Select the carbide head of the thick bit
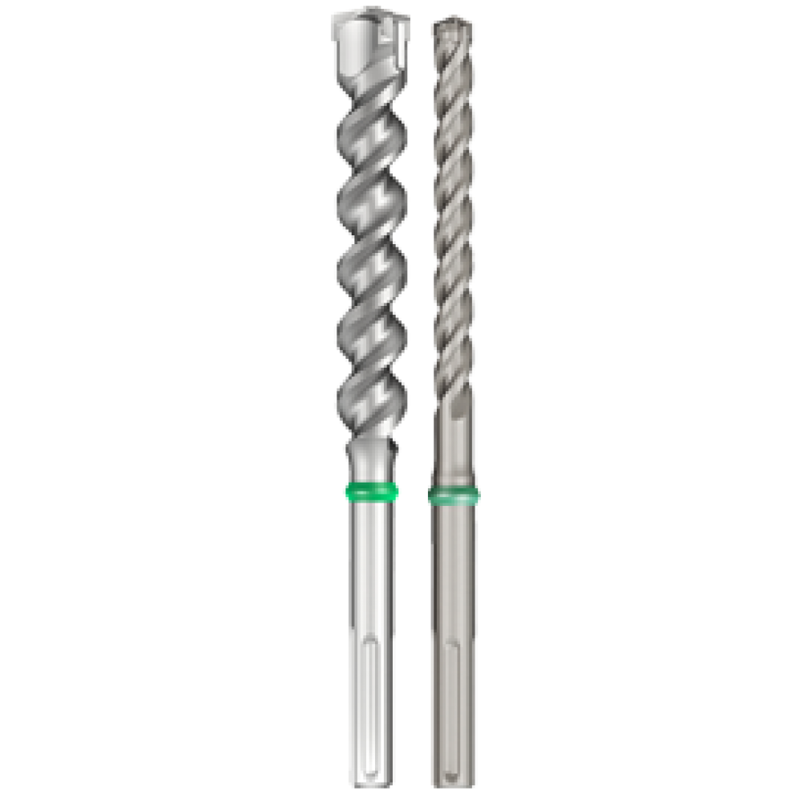tap(369, 40)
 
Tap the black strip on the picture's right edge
tap(739, 401)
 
